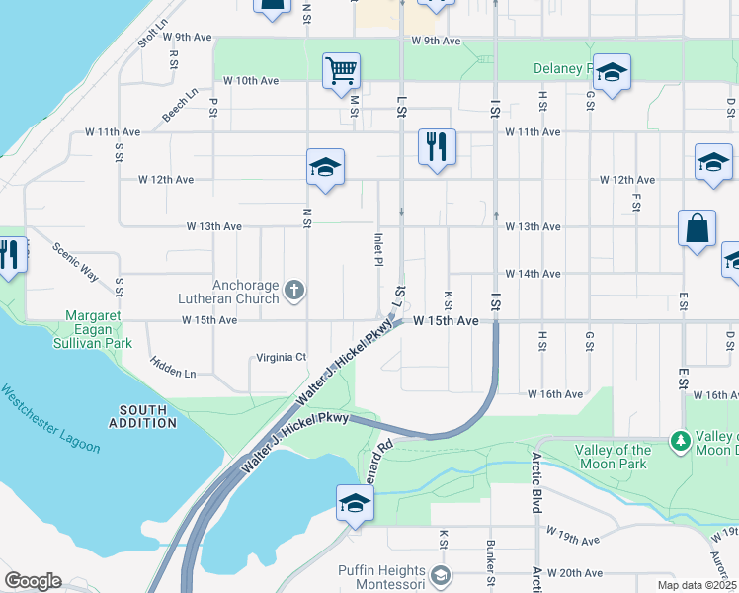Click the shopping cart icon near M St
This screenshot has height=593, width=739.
point(341,70)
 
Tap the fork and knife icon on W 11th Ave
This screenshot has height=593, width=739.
point(436,147)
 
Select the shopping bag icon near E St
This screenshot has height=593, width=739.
point(697,227)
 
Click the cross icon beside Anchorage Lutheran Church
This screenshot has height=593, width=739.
point(292,290)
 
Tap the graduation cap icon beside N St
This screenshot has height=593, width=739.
point(323,168)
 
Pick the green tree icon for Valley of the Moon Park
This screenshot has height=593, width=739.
point(680,439)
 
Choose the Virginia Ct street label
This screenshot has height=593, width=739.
point(282,357)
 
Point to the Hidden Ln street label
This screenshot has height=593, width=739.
point(173,367)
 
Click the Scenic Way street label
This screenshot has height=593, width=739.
point(76,261)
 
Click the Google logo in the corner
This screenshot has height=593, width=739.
point(32,581)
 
